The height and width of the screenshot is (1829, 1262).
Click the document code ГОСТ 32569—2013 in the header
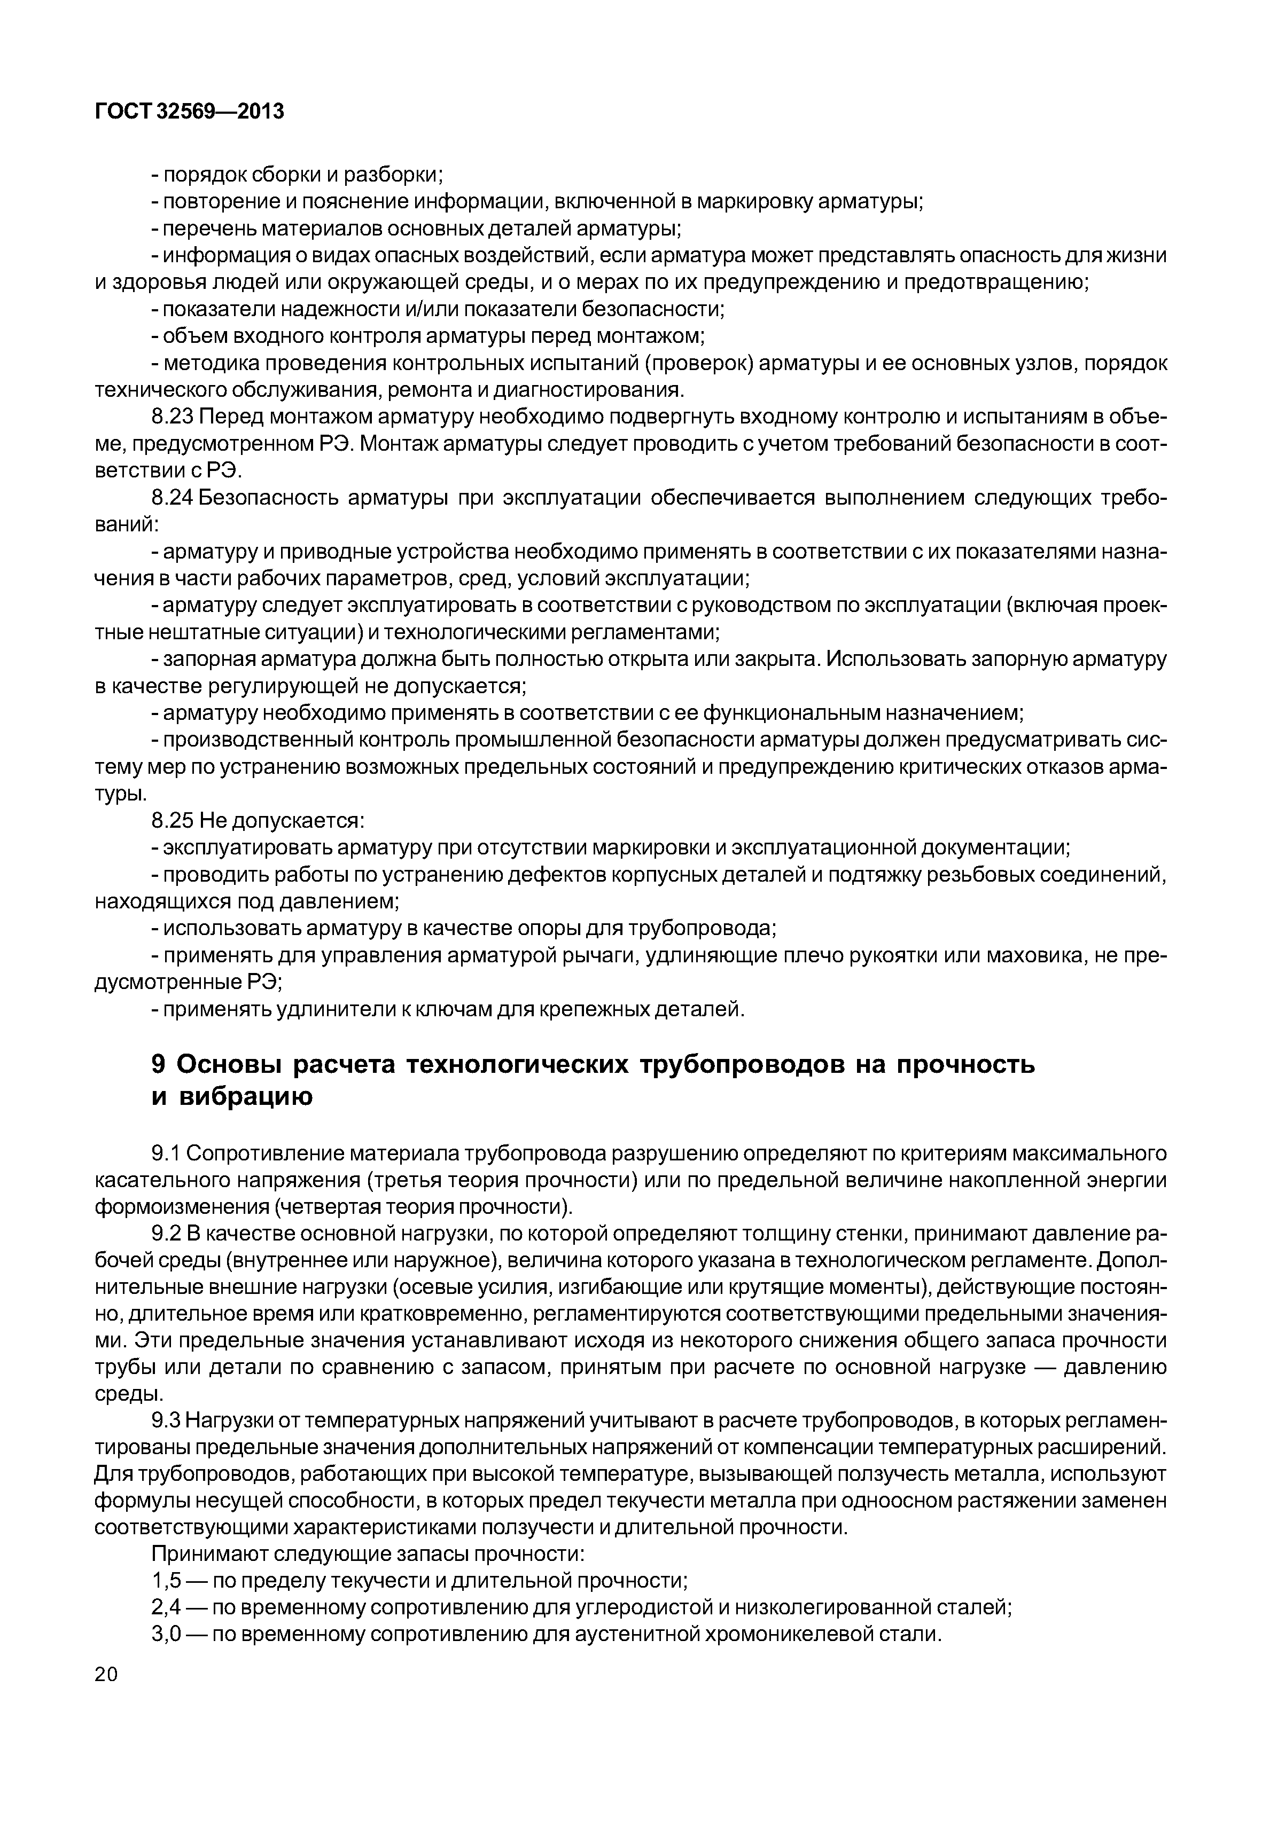(189, 112)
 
